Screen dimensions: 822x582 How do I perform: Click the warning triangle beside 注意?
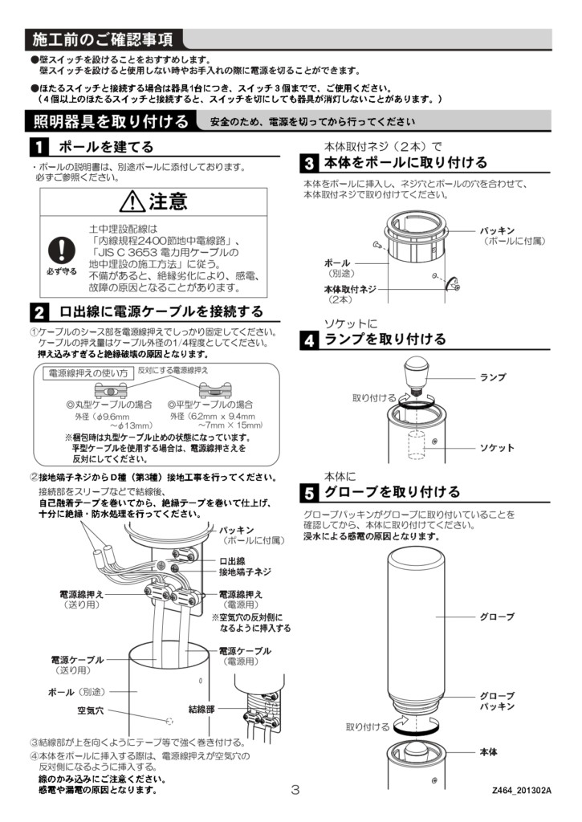[x=133, y=201]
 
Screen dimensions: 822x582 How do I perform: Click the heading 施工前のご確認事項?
[x=103, y=39]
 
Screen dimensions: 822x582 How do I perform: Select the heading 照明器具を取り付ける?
[x=111, y=122]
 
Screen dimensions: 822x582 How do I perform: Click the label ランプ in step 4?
[x=493, y=377]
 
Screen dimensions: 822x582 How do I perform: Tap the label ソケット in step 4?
[x=497, y=447]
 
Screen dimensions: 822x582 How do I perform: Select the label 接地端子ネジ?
[x=246, y=572]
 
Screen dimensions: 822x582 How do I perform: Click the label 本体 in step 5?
[x=488, y=751]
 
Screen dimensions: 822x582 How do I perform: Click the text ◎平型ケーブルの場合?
[x=210, y=405]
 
